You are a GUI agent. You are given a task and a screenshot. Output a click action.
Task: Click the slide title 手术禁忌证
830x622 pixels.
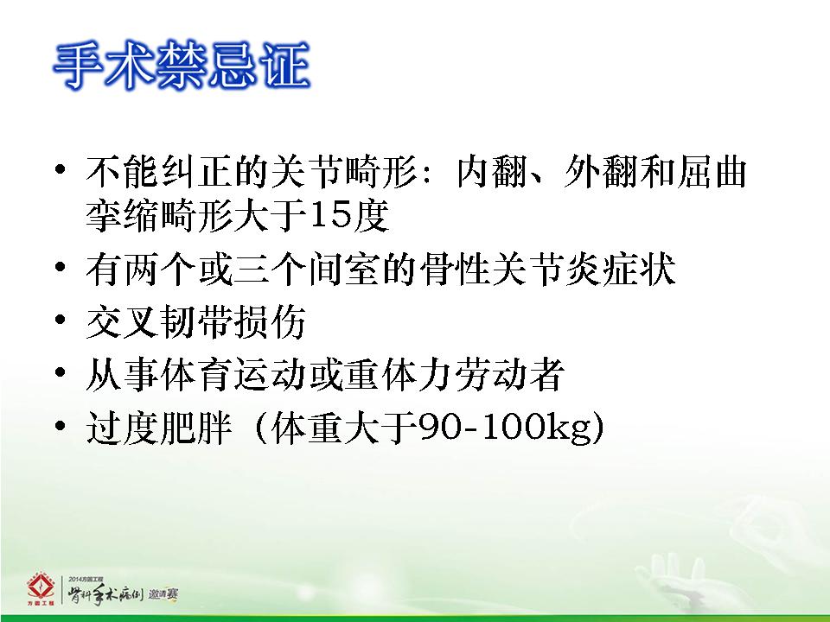[182, 66]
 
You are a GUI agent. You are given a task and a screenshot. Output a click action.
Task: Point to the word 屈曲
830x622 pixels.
[711, 171]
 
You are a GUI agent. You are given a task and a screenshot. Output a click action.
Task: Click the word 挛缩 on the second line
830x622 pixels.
[122, 215]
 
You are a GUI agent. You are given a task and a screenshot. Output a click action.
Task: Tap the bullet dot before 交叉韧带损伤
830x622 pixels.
[60, 319]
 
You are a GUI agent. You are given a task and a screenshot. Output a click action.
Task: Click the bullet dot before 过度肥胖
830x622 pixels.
[60, 424]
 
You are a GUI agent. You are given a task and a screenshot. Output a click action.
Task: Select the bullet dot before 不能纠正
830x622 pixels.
[60, 169]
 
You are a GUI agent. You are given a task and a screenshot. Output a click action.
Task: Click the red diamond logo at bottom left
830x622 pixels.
[41, 588]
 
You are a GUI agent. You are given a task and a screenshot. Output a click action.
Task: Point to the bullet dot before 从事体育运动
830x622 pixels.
[60, 371]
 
